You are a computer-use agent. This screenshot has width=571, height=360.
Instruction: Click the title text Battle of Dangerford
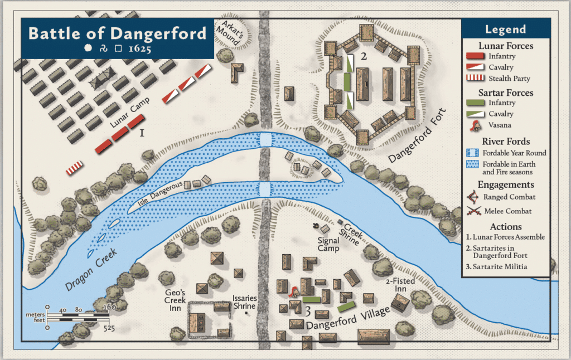(117, 33)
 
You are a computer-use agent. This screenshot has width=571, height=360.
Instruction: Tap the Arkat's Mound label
(233, 33)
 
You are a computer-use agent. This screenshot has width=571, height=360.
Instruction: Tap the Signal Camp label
(328, 245)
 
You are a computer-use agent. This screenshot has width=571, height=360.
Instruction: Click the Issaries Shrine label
(245, 302)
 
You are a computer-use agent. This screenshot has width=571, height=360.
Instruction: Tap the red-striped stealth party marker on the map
(74, 167)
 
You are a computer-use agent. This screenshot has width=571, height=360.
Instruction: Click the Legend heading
(505, 30)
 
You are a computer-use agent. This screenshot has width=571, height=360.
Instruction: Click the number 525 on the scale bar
(109, 328)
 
